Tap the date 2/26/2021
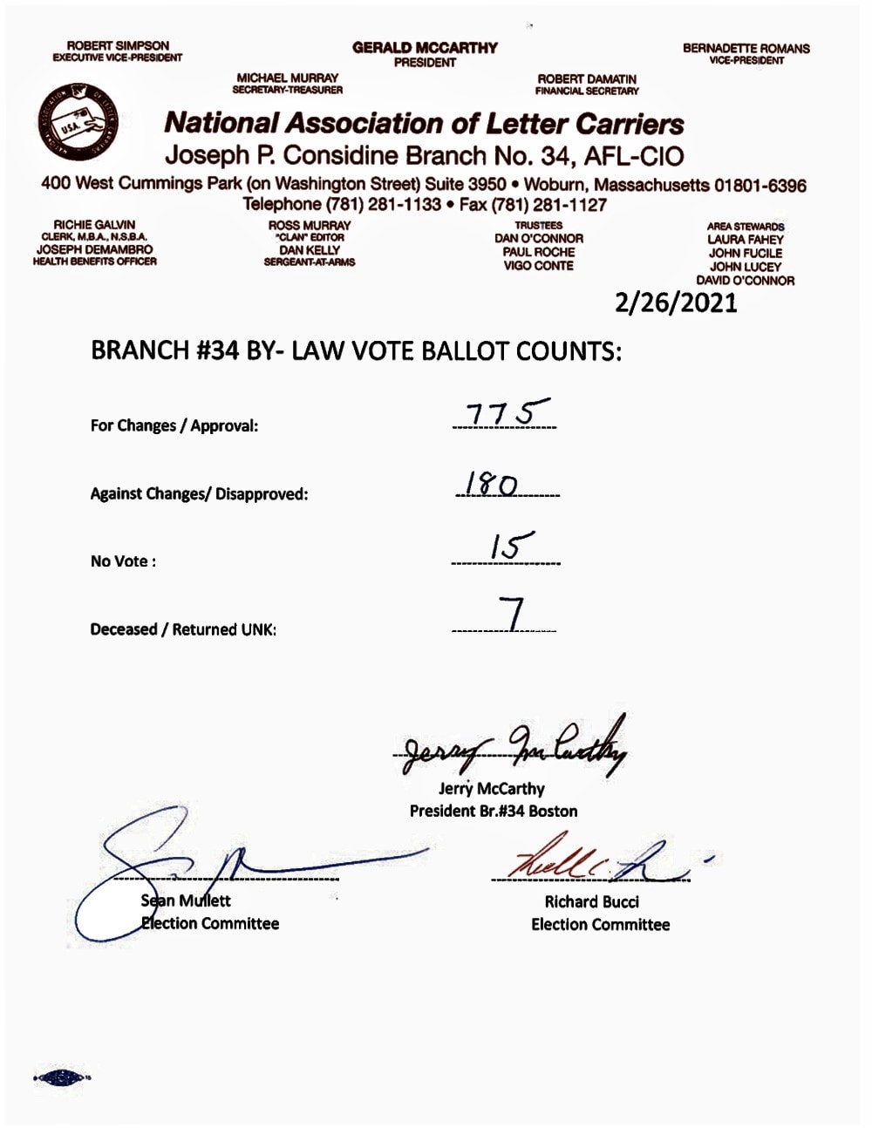tap(676, 302)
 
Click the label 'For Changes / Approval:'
tap(174, 426)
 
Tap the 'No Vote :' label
tap(123, 561)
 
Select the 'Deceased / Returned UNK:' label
tap(183, 629)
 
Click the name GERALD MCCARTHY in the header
tap(425, 48)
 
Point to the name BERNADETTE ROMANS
tap(746, 49)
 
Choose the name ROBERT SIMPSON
tap(118, 45)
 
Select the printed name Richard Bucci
tap(591, 902)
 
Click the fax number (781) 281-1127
tap(548, 206)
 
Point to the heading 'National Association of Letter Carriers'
tap(424, 123)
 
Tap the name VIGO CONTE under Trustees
tap(538, 266)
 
